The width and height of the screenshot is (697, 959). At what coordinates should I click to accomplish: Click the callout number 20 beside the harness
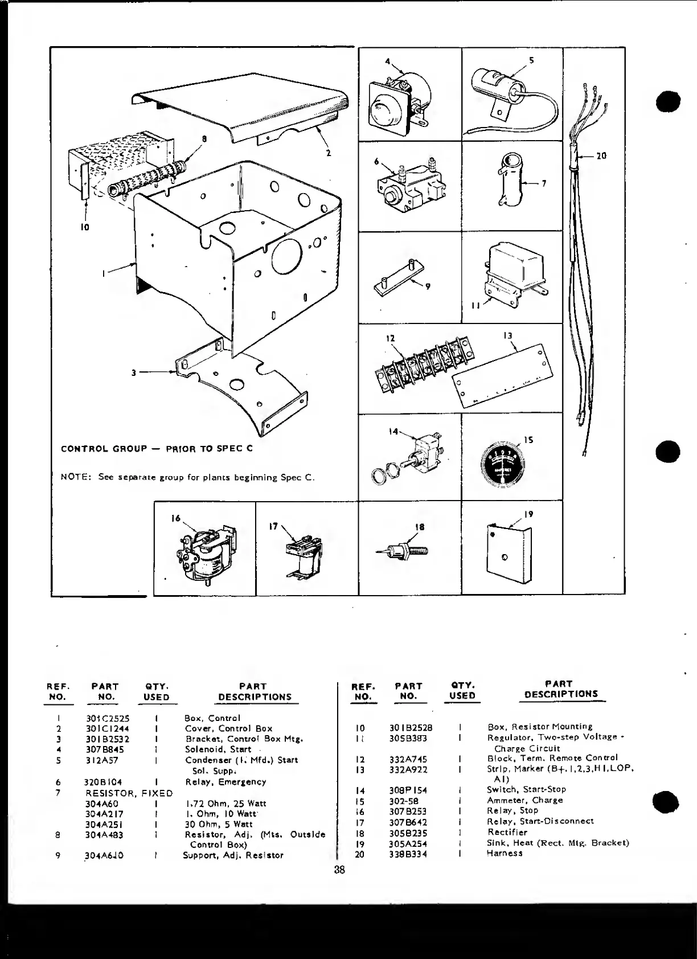coord(601,155)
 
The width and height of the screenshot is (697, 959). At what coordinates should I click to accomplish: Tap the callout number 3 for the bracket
coord(134,373)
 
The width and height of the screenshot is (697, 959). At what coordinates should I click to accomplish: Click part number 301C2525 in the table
coord(108,718)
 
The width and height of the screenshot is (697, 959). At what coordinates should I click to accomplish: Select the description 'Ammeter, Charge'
coord(524,800)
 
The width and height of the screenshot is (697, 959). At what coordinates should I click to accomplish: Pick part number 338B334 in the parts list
coord(408,853)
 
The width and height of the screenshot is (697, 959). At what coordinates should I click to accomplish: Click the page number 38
coord(340,870)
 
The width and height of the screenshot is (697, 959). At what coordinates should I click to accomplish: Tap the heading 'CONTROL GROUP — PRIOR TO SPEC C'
coord(157,448)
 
